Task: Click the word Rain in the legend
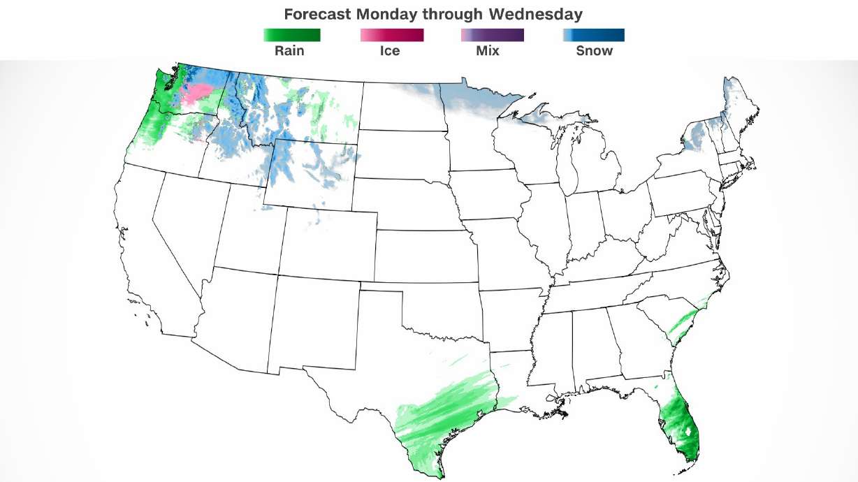[x=289, y=51]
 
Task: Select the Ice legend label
[x=390, y=51]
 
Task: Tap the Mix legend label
[x=488, y=51]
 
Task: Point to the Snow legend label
[x=594, y=51]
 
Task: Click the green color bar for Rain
[x=291, y=35]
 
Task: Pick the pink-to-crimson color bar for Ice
[x=392, y=35]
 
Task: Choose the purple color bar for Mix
[x=492, y=35]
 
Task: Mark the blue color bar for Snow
[x=593, y=35]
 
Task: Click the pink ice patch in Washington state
[x=198, y=93]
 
